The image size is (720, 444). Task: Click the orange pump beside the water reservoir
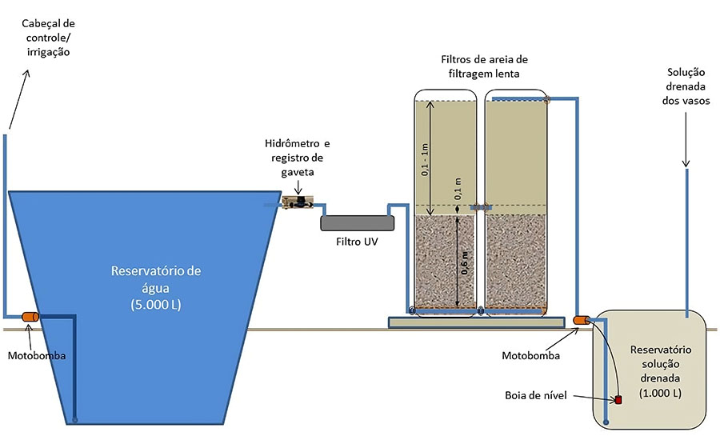click(31, 318)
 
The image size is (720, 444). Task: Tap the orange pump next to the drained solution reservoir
click(582, 321)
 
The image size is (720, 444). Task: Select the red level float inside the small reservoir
click(618, 399)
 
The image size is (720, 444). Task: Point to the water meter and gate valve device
click(296, 203)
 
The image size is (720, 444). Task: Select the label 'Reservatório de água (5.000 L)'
click(156, 287)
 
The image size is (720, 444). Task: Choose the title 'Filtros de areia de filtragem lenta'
click(485, 66)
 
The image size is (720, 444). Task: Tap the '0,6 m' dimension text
click(464, 261)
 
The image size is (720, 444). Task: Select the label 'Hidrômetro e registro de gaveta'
click(298, 157)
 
